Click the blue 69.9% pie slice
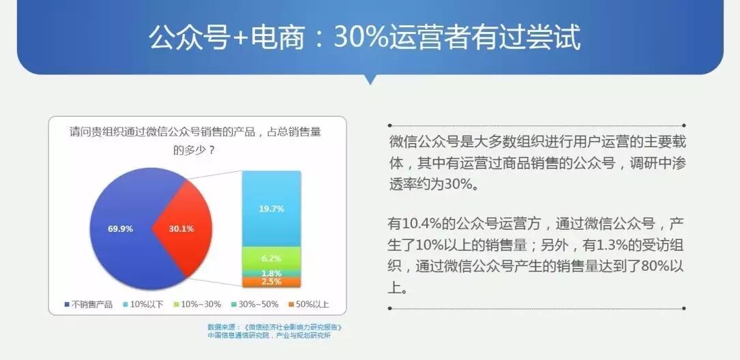[120, 229]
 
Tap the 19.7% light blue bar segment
[271, 209]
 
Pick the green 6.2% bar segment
[271, 258]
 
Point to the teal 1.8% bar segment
[271, 273]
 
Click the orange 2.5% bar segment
[271, 282]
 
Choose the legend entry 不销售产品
[89, 304]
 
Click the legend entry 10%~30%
[198, 304]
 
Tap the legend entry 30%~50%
[255, 304]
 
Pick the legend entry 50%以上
[309, 304]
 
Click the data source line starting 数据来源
[274, 327]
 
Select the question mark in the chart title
[212, 151]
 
